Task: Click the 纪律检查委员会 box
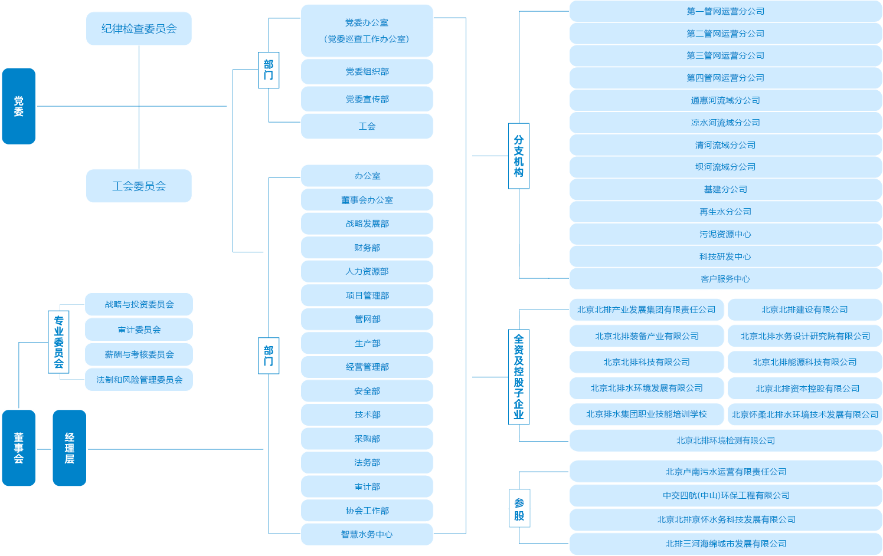point(139,29)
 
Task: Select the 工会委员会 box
point(139,186)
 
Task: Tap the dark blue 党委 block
point(19,106)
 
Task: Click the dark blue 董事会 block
point(19,448)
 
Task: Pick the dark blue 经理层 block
point(69,448)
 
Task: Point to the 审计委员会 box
point(139,330)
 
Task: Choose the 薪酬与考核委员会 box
point(139,354)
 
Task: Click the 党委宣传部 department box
point(367,99)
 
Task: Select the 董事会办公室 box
point(367,200)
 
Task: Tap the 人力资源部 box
point(367,271)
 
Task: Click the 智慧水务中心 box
point(367,534)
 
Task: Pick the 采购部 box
point(367,439)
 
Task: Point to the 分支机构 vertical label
point(519,156)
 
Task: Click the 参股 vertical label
point(519,509)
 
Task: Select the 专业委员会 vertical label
point(58,342)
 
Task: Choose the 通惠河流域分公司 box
point(725,100)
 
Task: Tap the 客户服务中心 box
point(725,279)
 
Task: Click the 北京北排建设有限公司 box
point(804,310)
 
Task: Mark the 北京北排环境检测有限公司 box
point(725,440)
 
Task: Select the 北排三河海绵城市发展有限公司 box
point(725,544)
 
